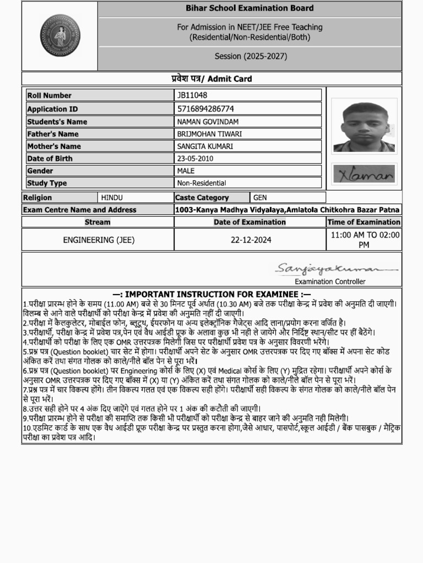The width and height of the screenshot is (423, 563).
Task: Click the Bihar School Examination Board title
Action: [x=250, y=8]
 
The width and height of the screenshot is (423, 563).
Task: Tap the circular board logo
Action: [x=60, y=35]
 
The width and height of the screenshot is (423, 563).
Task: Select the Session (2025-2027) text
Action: [x=250, y=56]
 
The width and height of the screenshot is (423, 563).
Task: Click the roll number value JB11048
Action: [x=192, y=95]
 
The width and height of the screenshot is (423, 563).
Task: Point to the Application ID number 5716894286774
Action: [x=205, y=109]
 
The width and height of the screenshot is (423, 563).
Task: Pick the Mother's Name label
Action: [x=54, y=146]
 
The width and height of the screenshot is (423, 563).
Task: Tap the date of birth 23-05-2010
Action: [x=195, y=158]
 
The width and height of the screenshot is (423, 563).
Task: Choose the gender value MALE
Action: [x=186, y=170]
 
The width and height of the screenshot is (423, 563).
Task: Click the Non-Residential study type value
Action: [x=202, y=183]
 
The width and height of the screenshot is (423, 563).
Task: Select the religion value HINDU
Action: [x=112, y=197]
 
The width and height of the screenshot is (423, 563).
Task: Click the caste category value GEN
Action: [x=259, y=197]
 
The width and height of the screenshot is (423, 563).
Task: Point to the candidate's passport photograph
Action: [x=364, y=128]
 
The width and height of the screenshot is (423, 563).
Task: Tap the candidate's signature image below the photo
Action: [x=364, y=174]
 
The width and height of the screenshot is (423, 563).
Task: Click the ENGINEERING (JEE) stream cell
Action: [x=99, y=240]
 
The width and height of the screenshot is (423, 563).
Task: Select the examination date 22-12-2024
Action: [x=251, y=240]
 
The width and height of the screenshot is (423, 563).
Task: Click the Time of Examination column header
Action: [x=364, y=222]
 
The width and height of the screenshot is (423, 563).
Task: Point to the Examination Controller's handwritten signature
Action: [x=335, y=269]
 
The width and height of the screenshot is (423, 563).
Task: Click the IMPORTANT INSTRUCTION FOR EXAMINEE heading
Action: [x=212, y=294]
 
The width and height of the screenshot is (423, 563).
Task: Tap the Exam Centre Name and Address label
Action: [x=80, y=209]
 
